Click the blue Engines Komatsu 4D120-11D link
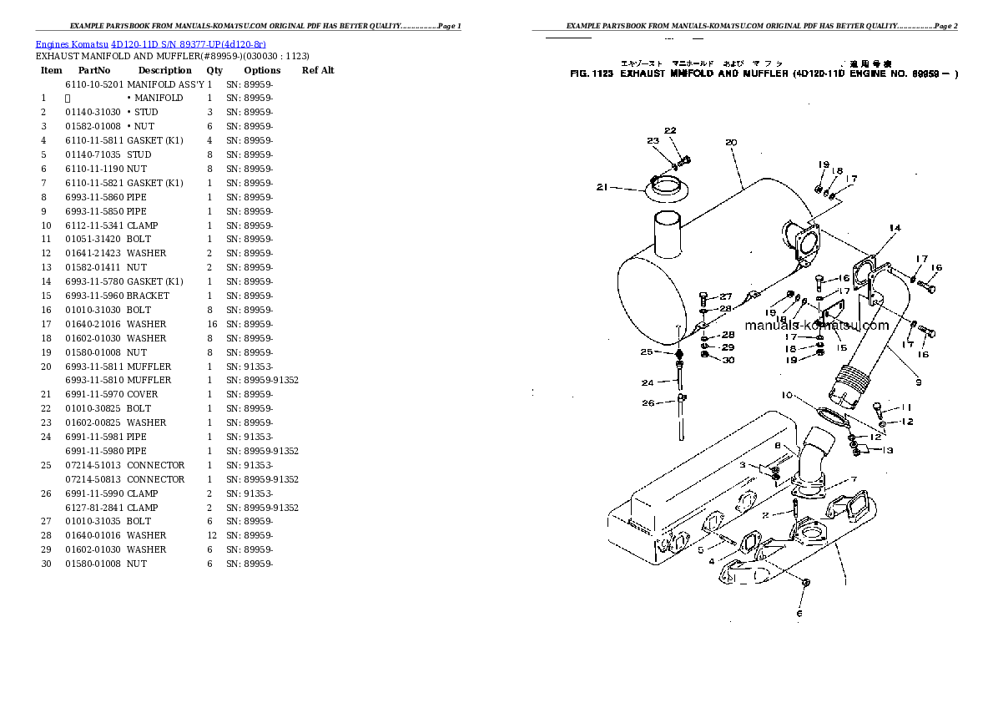coord(150,43)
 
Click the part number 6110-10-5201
coord(93,84)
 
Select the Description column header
coord(164,70)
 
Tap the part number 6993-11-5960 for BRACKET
coord(93,296)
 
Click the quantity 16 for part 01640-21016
coord(212,324)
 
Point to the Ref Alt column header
coord(318,70)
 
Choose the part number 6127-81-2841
coord(93,508)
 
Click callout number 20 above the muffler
coord(731,143)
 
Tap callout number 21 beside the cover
coord(603,187)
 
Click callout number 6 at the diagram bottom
coord(799,614)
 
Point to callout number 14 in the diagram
coord(895,228)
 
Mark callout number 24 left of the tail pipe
coord(647,383)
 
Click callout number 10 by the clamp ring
coord(787,395)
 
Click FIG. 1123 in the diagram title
coord(592,73)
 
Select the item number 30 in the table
coord(46,564)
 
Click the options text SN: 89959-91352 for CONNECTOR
coord(262,479)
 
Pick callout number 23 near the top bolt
coord(653,141)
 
